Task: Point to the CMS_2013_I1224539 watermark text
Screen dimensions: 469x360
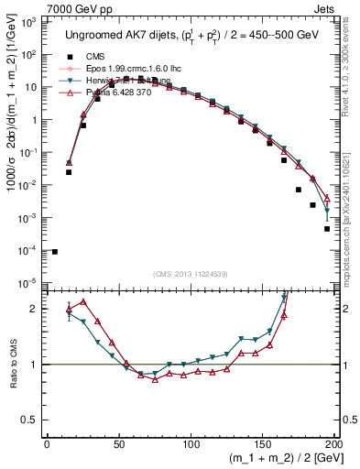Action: tap(191, 273)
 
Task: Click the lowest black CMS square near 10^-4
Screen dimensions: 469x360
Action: tap(55, 252)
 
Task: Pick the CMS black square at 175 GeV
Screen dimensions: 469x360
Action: tap(299, 190)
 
